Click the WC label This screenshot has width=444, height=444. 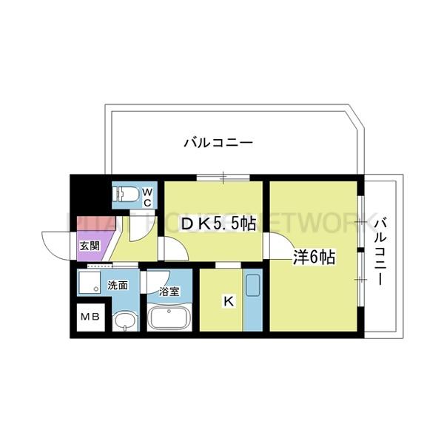[x=147, y=197]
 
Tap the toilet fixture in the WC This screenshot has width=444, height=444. [x=125, y=195]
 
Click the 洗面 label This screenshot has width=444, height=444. [x=117, y=285]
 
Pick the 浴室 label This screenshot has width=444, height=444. [x=169, y=291]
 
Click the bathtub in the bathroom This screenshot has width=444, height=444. [x=170, y=318]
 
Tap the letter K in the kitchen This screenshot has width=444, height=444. [x=229, y=302]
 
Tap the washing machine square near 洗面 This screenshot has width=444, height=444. [x=90, y=284]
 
